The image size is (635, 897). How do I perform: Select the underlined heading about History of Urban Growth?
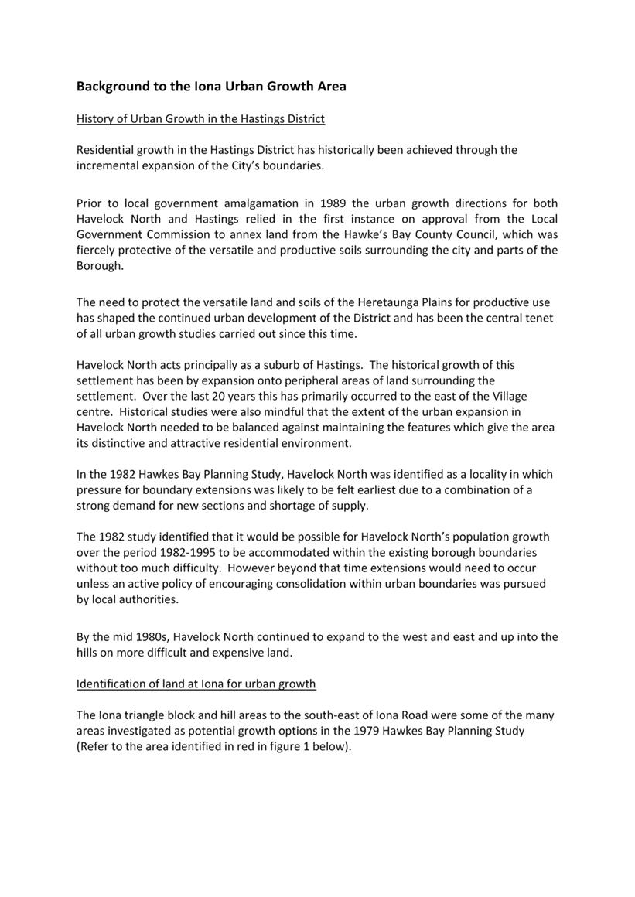coord(200,119)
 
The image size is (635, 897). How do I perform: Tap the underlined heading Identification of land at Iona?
coord(196,684)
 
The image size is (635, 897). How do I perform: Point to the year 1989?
coord(329,203)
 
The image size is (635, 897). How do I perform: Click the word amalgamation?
coord(260,203)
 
